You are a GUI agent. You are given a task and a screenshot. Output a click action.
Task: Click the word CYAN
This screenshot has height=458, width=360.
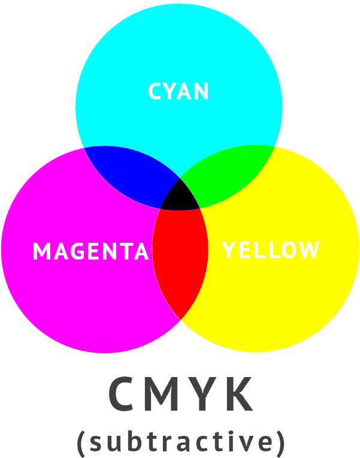coord(179,92)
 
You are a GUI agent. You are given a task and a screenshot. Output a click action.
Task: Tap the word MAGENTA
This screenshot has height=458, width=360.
coord(90,251)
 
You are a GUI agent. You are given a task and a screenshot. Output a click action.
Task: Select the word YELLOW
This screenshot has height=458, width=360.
coord(271,250)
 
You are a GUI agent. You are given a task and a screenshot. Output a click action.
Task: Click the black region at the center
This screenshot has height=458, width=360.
coord(180,197)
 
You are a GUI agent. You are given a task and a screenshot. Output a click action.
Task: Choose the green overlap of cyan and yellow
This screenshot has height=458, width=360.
coord(231,172)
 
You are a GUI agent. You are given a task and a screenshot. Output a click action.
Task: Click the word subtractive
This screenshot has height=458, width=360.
coord(180,441)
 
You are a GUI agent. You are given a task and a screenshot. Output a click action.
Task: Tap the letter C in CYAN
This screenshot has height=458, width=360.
coord(155,92)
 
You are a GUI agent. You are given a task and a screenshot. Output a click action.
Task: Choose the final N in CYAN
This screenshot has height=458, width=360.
coord(201,92)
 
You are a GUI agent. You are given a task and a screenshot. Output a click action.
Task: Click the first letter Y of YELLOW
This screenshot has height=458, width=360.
coord(229,250)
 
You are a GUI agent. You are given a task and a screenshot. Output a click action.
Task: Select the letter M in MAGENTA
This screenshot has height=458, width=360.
coord(41,251)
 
